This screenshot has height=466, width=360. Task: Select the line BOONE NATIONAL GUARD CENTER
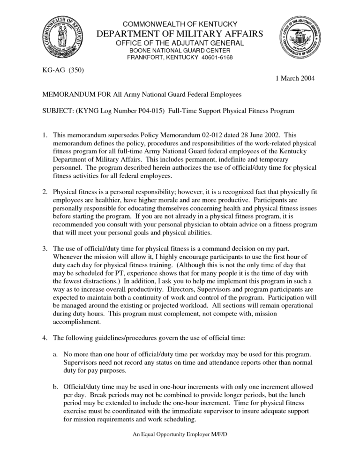coord(180,50)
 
